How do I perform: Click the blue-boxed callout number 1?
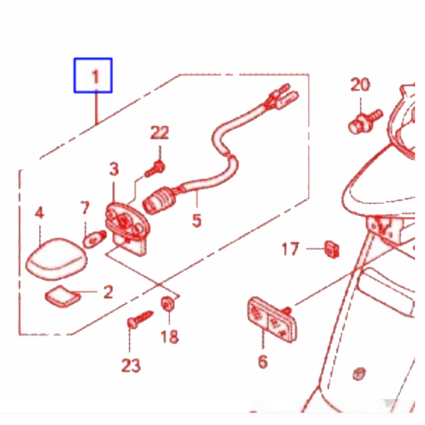(x=95, y=76)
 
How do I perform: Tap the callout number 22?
(x=159, y=133)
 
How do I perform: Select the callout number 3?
(x=114, y=169)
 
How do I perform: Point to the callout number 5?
(x=197, y=220)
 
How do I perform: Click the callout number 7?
(x=85, y=208)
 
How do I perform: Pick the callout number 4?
(x=40, y=212)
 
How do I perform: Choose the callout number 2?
(x=108, y=292)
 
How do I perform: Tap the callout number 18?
(x=170, y=337)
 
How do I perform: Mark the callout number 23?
(x=131, y=365)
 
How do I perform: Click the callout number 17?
(x=290, y=249)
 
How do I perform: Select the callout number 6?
(x=263, y=361)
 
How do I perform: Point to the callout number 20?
(x=360, y=84)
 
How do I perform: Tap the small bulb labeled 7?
(x=94, y=239)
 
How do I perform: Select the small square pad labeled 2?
(x=63, y=296)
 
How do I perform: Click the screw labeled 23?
(x=140, y=319)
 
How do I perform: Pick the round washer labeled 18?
(x=167, y=303)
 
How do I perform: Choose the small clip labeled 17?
(x=332, y=249)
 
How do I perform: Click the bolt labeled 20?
(x=365, y=122)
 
